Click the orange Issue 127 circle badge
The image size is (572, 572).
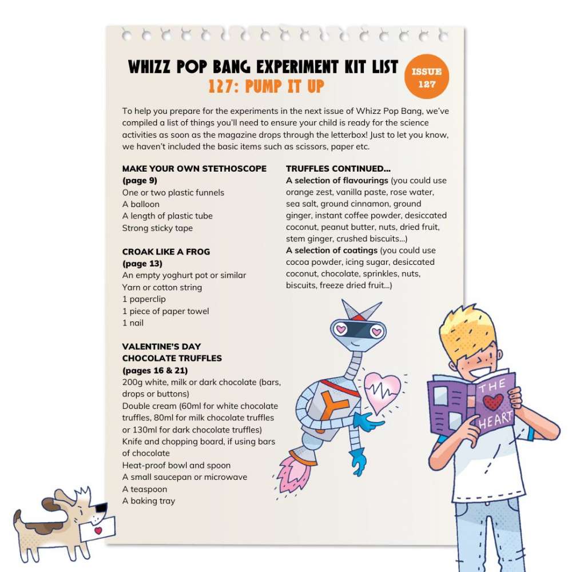pyautogui.click(x=426, y=77)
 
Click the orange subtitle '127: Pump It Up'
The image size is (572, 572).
pyautogui.click(x=267, y=86)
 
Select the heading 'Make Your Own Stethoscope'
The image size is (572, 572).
pyautogui.click(x=194, y=169)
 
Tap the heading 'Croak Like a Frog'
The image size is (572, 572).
pyautogui.click(x=166, y=252)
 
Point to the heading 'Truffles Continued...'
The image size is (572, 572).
pyautogui.click(x=338, y=169)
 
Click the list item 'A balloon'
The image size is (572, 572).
pyautogui.click(x=141, y=204)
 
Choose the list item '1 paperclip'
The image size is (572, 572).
pyautogui.click(x=143, y=299)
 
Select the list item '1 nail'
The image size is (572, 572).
pyautogui.click(x=133, y=323)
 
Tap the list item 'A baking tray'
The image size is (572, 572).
pyautogui.click(x=149, y=501)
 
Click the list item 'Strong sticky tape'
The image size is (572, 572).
pyautogui.click(x=157, y=228)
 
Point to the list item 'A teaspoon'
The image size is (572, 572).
pyautogui.click(x=145, y=489)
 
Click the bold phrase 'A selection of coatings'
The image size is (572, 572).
pyautogui.click(x=331, y=251)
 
